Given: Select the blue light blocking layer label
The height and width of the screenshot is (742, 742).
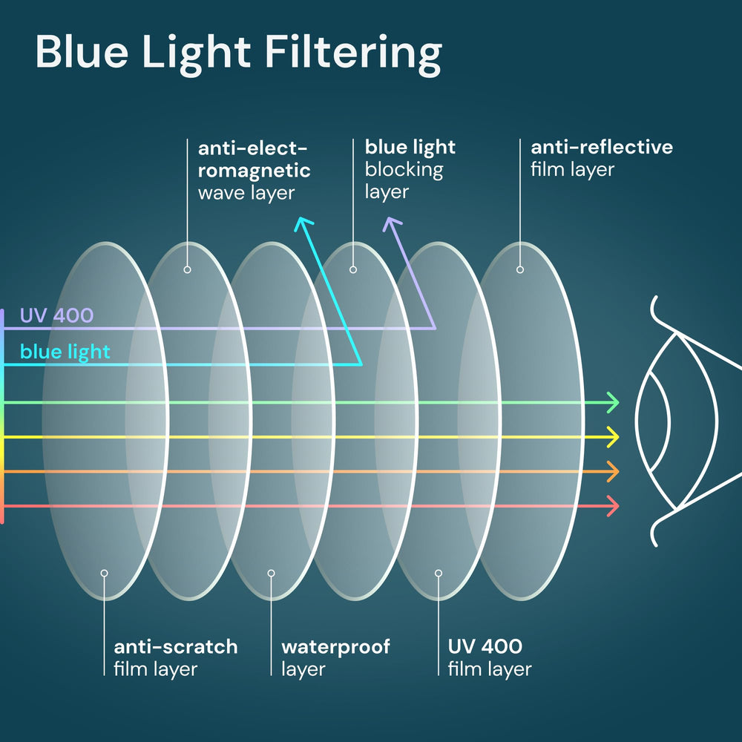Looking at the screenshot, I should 410,169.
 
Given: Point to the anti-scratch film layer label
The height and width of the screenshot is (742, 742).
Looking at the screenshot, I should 175,657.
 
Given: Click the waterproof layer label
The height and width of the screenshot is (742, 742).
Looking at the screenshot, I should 335,657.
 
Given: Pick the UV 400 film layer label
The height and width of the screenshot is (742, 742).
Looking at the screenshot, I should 490,657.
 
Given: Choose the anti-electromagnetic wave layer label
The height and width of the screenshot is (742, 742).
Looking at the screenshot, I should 254,170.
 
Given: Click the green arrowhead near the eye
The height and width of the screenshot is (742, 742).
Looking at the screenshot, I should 612,403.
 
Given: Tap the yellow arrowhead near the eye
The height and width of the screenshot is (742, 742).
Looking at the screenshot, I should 612,437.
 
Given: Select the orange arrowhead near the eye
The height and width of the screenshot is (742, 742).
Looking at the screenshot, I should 612,471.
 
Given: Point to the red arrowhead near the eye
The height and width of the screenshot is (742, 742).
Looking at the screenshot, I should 612,506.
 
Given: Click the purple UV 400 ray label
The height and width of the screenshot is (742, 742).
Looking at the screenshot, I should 56,315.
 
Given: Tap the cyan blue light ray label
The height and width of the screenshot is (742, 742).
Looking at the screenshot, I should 65,351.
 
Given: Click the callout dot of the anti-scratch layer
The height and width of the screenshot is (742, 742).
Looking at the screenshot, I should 105,573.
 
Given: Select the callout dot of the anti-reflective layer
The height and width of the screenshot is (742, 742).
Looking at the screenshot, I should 520,269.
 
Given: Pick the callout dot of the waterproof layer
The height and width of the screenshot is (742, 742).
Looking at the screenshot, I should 272,573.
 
